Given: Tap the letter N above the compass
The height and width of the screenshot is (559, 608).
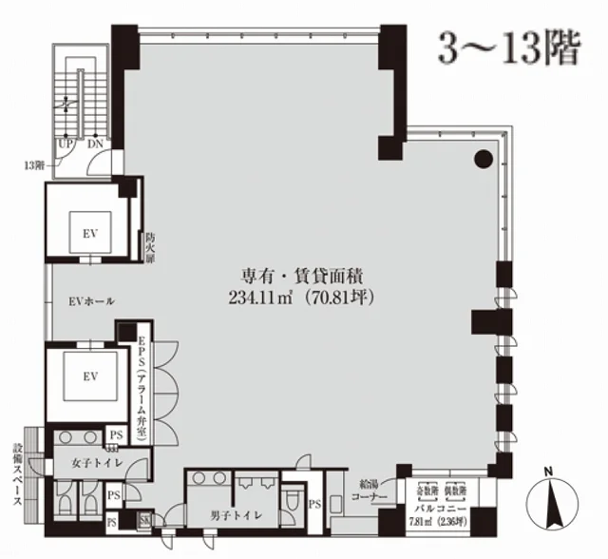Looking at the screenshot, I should click(548, 471).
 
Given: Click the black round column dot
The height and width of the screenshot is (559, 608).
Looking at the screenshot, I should click(484, 159).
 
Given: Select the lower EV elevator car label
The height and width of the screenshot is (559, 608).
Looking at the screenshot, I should click(90, 377).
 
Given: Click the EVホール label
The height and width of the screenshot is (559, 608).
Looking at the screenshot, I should click(93, 301).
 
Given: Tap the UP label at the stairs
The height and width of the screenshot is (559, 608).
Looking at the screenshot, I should click(66, 144).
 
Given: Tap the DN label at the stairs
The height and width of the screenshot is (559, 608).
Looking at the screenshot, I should click(95, 144).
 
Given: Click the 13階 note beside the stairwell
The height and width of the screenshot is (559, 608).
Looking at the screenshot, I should click(33, 164).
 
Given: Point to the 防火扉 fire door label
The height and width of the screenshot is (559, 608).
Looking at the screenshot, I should click(150, 246).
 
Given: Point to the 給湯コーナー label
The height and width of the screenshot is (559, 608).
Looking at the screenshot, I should click(373, 490).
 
